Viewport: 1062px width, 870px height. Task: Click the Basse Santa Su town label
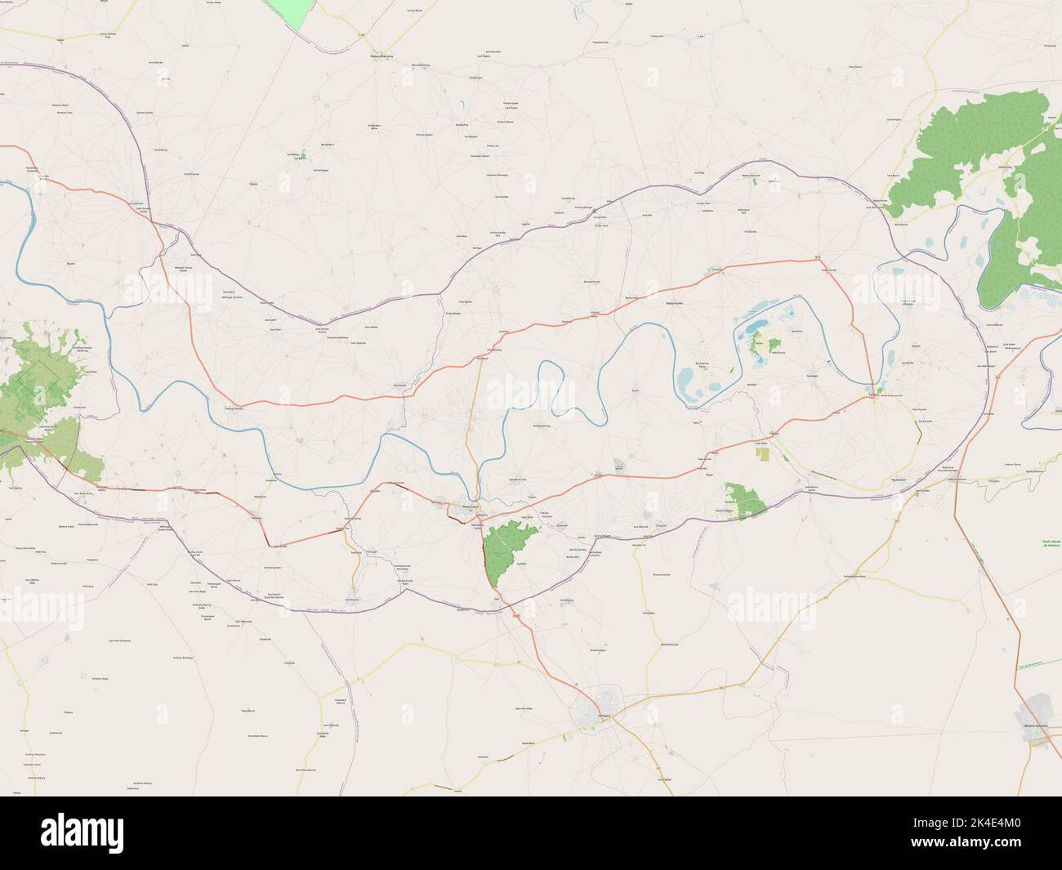[471, 506]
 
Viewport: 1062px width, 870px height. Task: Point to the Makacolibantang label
[377, 56]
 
